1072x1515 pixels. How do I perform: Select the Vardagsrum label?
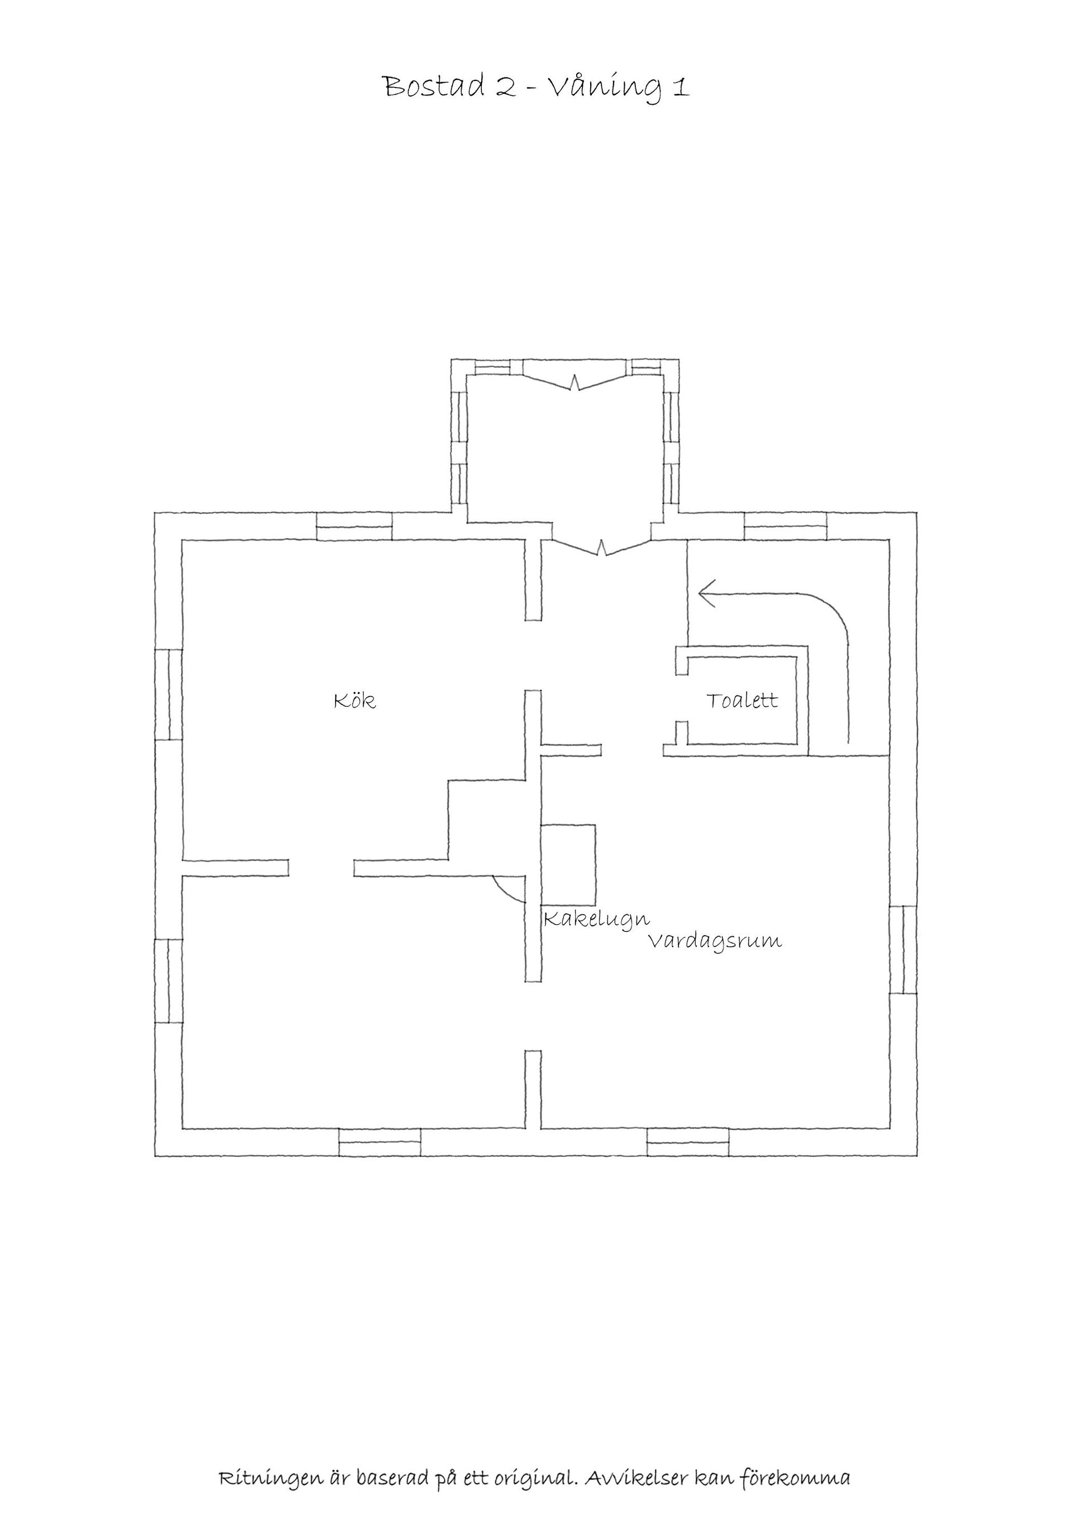[x=715, y=941]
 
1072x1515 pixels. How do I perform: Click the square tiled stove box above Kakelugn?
[x=568, y=864]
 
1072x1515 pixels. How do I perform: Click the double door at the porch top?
[x=576, y=382]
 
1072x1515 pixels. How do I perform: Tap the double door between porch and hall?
[x=602, y=547]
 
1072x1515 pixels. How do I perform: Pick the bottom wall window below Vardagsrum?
[x=688, y=1142]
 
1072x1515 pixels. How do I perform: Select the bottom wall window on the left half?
[x=380, y=1142]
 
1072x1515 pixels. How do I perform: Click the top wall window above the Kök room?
[x=355, y=526]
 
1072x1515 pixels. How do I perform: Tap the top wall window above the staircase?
[x=786, y=526]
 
